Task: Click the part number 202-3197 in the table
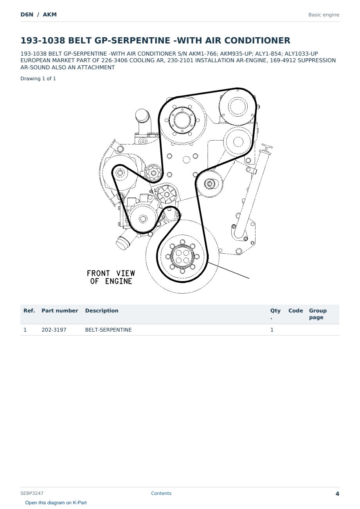point(54,330)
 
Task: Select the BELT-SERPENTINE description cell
point(108,330)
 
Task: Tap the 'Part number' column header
point(60,310)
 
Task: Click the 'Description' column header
point(102,310)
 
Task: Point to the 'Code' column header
point(295,310)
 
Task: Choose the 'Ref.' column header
point(29,310)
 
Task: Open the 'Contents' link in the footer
point(161,493)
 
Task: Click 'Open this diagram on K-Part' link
point(56,503)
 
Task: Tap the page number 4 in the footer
point(337,494)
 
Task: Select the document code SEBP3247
point(32,493)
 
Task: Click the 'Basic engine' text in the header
point(324,15)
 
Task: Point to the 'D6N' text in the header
point(27,14)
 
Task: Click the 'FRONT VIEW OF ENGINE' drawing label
point(111,277)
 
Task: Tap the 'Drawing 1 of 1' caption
point(38,79)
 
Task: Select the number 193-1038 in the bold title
point(43,40)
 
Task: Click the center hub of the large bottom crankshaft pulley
point(183,256)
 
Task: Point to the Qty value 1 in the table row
point(272,330)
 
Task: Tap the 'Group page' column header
point(318,314)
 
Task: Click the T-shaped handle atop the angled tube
point(266,147)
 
